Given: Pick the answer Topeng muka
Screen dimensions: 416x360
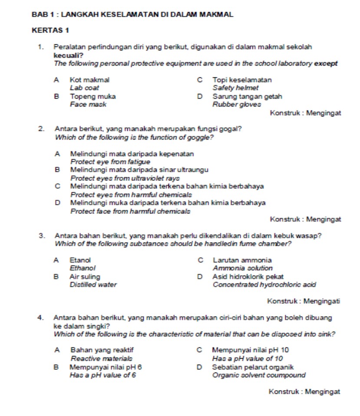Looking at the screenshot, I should pyautogui.click(x=92, y=96).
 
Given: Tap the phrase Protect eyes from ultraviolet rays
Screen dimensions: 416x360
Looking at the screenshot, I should pyautogui.click(x=125, y=178).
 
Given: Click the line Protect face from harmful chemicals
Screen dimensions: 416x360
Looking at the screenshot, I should pyautogui.click(x=130, y=211).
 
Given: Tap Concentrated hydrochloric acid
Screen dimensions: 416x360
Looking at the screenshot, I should pyautogui.click(x=264, y=285).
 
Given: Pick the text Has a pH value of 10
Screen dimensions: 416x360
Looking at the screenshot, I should pyautogui.click(x=248, y=359).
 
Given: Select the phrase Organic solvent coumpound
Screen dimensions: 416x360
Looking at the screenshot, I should pyautogui.click(x=259, y=375).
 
